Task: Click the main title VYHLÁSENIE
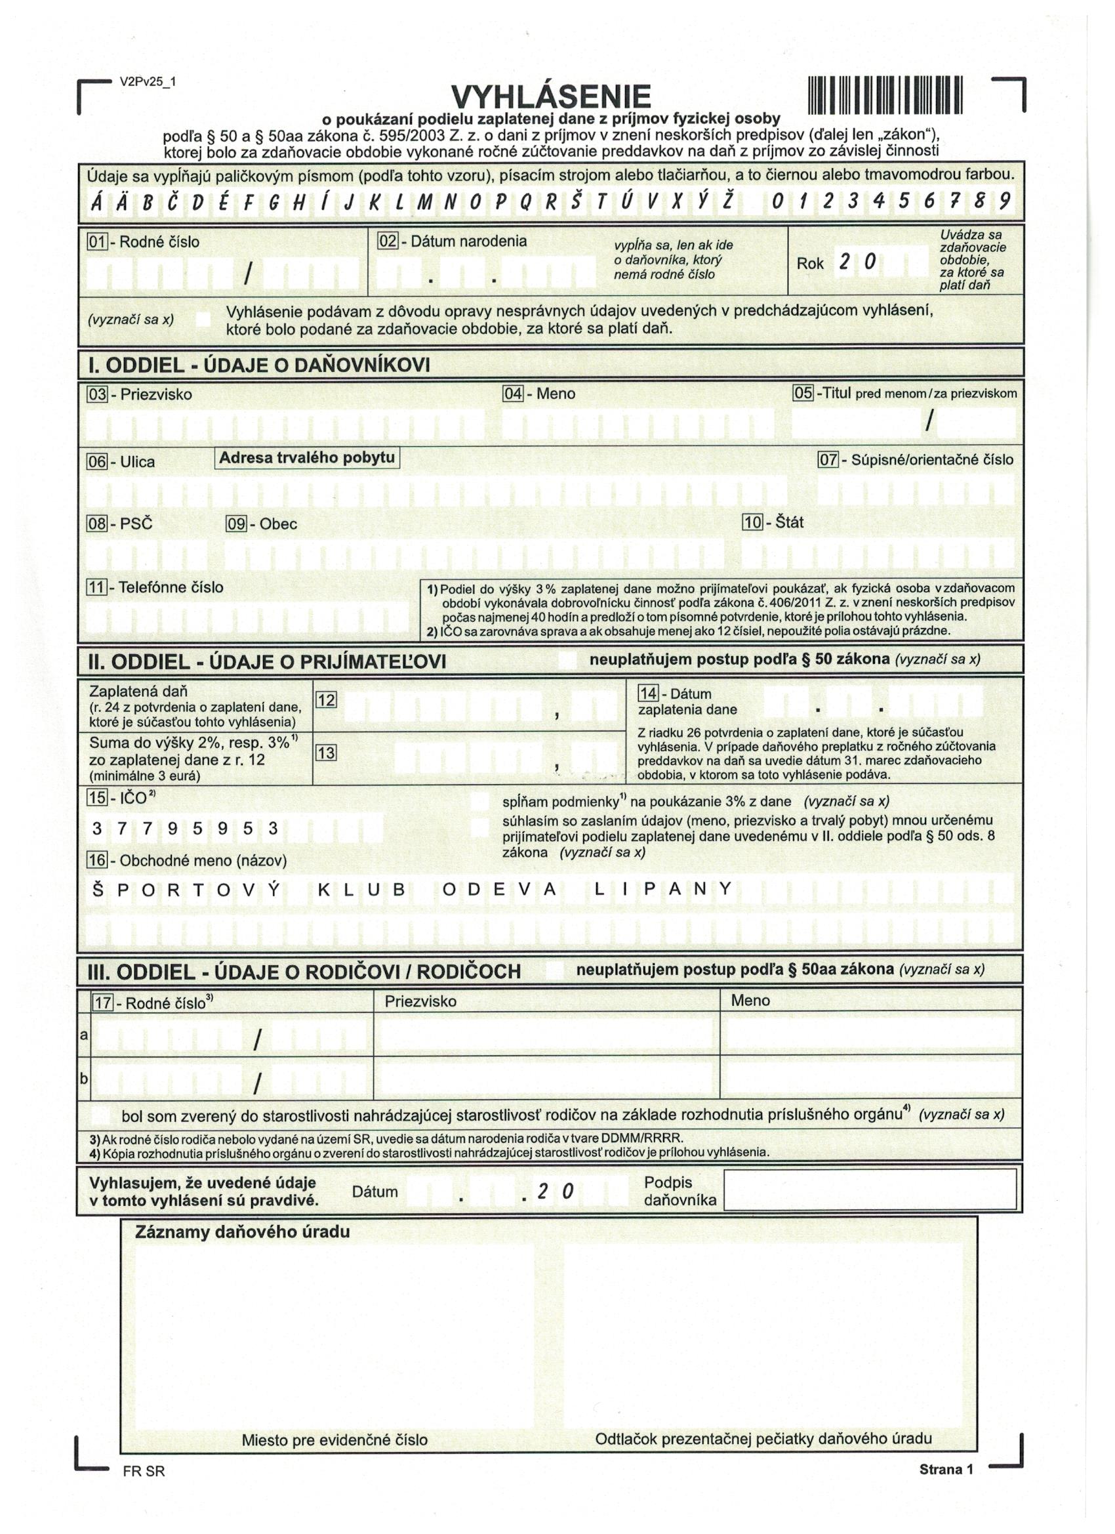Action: [x=550, y=97]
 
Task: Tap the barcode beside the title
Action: [x=884, y=95]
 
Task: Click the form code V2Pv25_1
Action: [x=148, y=82]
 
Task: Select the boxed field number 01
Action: [x=97, y=241]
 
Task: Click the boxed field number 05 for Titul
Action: [x=803, y=393]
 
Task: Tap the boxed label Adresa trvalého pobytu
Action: [x=307, y=458]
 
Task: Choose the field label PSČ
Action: [x=136, y=524]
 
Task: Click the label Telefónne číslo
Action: [x=171, y=587]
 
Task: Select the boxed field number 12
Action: [x=326, y=700]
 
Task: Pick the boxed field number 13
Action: [x=326, y=753]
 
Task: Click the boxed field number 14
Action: [x=648, y=694]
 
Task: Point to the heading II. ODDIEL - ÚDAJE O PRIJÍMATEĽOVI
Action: [x=267, y=661]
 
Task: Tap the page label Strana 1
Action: [x=945, y=1469]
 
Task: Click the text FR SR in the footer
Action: [x=144, y=1471]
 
